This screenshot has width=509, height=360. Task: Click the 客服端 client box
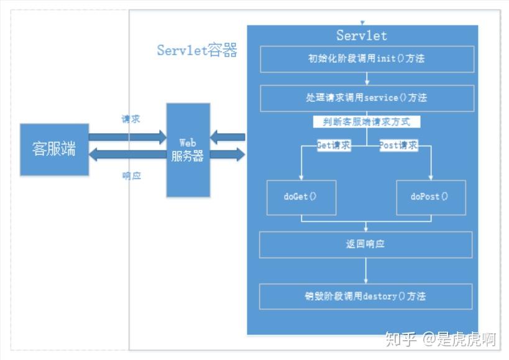[x=54, y=149]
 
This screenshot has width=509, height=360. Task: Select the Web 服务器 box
[x=188, y=150]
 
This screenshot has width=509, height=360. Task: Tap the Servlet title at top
[x=362, y=35]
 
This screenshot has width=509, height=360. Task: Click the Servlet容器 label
[x=197, y=51]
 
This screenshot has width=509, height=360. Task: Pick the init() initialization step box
[x=367, y=59]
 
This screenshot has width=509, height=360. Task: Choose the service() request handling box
[x=367, y=98]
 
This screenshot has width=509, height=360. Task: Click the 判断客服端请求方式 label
[x=367, y=121]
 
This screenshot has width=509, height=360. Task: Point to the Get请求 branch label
[x=334, y=145]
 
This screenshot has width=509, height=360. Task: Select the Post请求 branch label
[x=398, y=145]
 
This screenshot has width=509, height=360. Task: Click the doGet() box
[x=301, y=197]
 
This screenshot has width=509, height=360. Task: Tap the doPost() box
[x=430, y=197]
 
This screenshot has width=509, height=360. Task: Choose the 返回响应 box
[x=365, y=244]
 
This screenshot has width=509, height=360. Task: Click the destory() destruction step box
[x=365, y=296]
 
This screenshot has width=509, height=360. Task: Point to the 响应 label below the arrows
[x=131, y=176]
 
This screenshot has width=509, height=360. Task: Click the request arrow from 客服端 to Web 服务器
[x=127, y=136]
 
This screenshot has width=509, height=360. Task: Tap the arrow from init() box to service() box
[x=367, y=78]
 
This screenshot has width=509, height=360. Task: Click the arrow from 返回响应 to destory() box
[x=365, y=270]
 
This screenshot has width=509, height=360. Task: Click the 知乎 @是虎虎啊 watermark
[x=439, y=339]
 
